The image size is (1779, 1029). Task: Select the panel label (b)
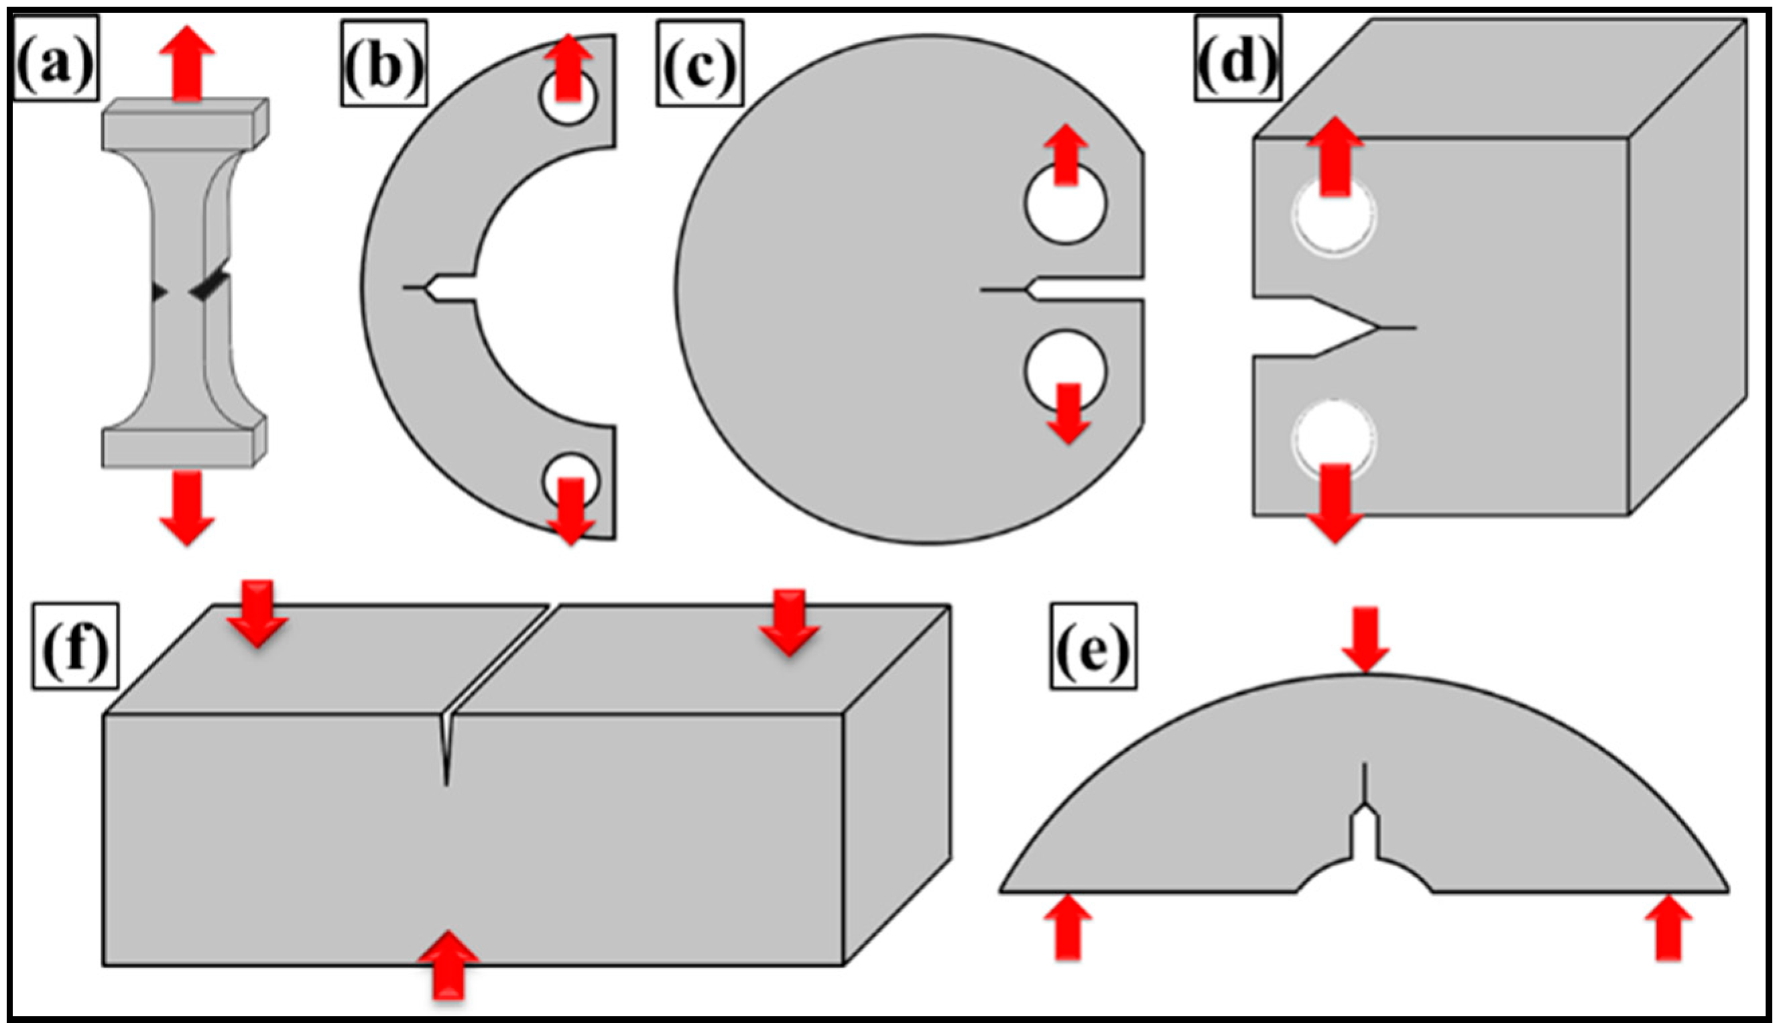tap(384, 64)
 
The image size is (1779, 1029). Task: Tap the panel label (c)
tap(700, 64)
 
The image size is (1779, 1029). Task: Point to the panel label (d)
tap(1237, 58)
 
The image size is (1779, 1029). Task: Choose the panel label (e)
tap(1093, 646)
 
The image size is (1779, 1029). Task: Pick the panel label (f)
tap(75, 646)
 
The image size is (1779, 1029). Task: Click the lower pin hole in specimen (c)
tap(1065, 369)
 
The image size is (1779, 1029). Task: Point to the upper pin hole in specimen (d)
tap(1333, 215)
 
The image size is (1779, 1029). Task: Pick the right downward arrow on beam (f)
tap(789, 621)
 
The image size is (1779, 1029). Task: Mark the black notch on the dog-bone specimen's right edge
tap(210, 283)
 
